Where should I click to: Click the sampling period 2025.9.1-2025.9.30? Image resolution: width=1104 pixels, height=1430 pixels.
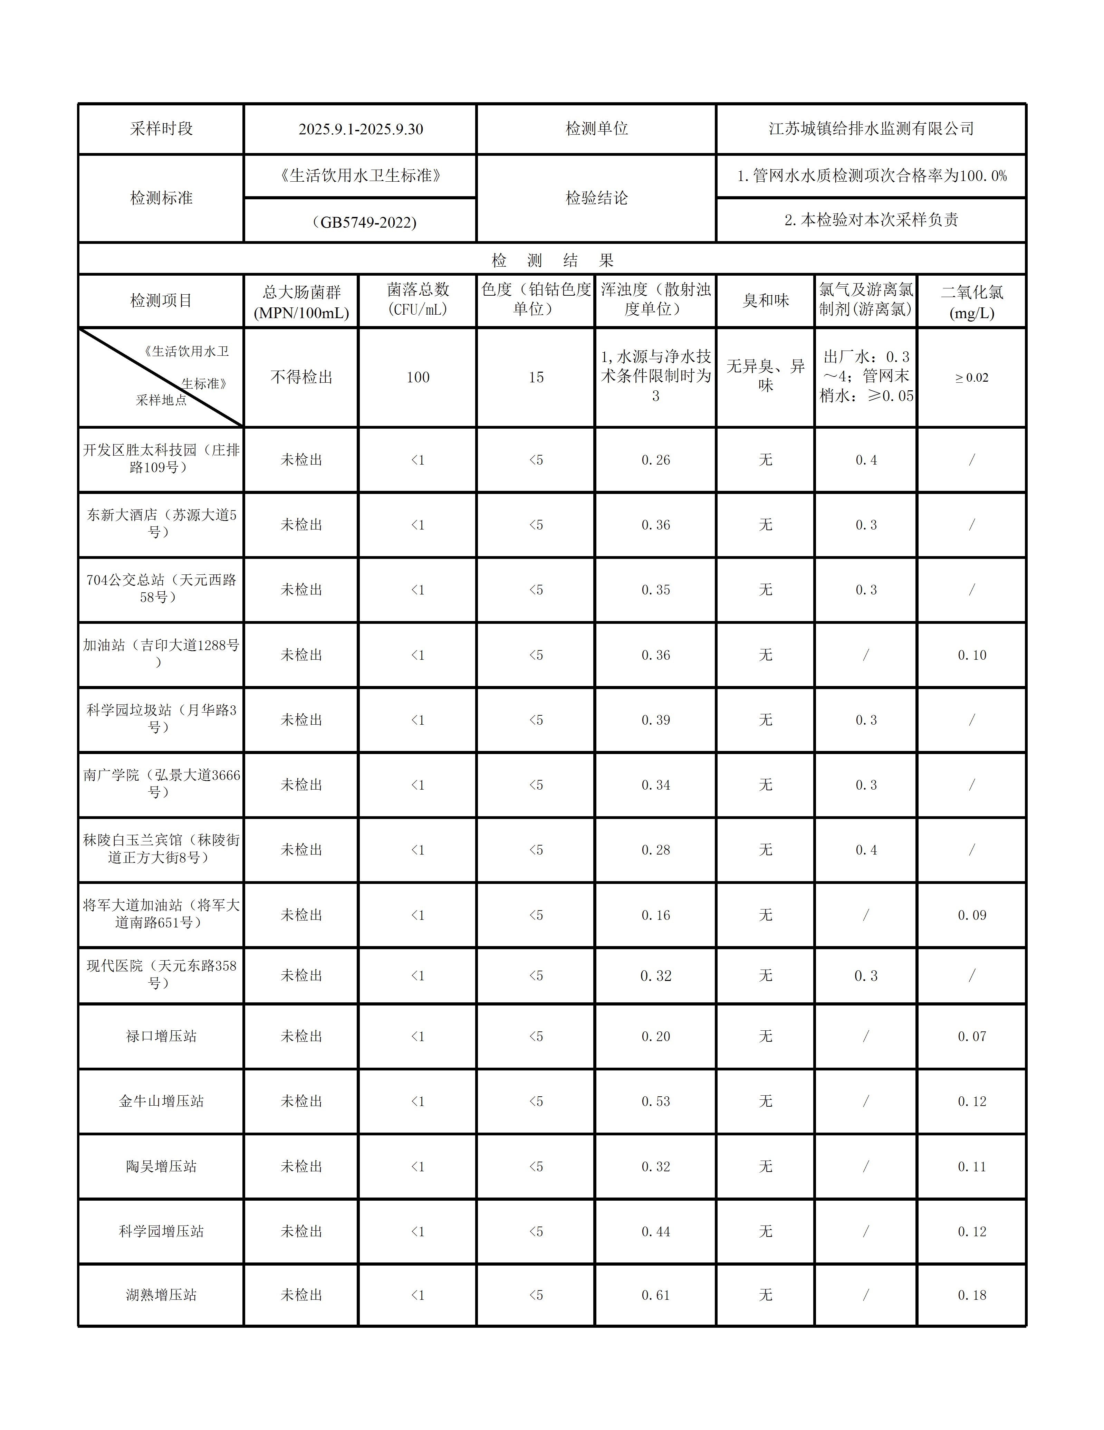click(361, 129)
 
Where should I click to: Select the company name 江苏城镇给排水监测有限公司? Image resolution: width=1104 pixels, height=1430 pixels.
click(871, 129)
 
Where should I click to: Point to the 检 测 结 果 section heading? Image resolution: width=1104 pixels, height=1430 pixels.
click(552, 260)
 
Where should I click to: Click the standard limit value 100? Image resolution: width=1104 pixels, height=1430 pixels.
click(417, 377)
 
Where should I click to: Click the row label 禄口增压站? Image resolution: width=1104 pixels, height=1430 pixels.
click(161, 1036)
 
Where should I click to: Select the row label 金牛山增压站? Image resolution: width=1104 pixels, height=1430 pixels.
click(161, 1101)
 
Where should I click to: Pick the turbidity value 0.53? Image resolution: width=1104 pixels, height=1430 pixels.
click(656, 1101)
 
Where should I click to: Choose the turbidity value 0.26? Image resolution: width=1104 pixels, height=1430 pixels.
click(656, 460)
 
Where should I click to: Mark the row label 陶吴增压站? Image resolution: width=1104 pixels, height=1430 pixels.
click(161, 1166)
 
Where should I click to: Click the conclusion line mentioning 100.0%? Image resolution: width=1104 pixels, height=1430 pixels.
click(871, 175)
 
